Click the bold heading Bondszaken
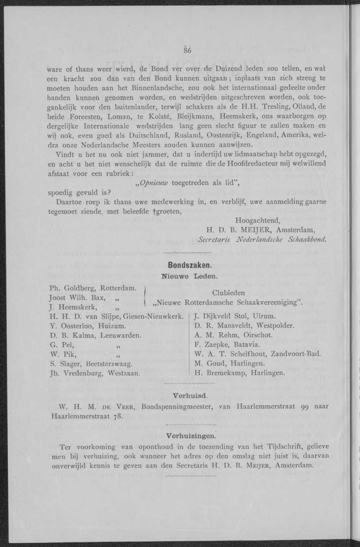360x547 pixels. pyautogui.click(x=190, y=266)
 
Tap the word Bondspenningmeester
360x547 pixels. pyautogui.click(x=175, y=406)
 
